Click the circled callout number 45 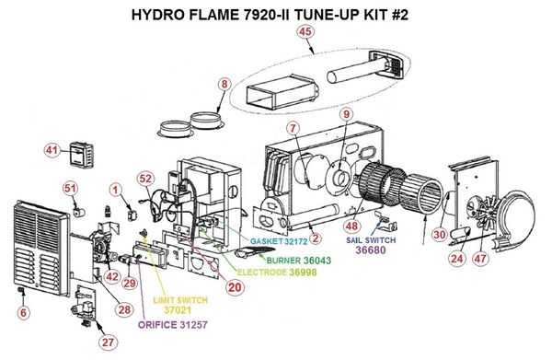[x=305, y=31]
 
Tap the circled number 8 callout [x=224, y=85]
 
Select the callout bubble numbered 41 [x=52, y=151]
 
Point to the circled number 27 [x=108, y=342]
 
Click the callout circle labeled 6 [x=23, y=312]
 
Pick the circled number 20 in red [x=235, y=287]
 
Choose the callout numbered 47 [x=480, y=259]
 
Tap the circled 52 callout [x=145, y=179]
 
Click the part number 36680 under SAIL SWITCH [x=371, y=250]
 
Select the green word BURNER [x=283, y=261]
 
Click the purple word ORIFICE [x=157, y=325]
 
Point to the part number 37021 [x=178, y=310]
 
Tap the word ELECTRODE [x=262, y=273]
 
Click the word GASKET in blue [x=267, y=241]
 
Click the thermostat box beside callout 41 [x=82, y=154]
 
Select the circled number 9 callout [x=347, y=114]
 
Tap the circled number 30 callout [x=440, y=235]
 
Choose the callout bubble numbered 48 [x=351, y=226]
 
